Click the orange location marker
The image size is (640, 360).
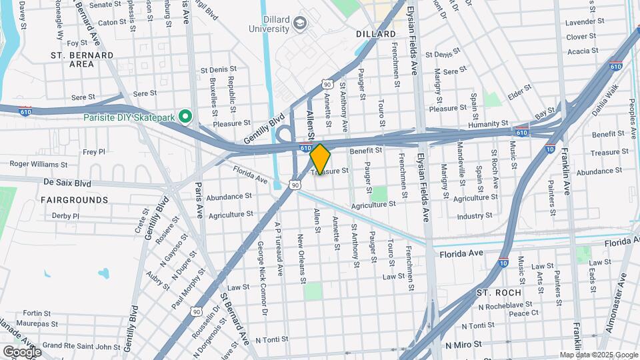point(320,159)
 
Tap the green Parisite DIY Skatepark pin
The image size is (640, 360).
point(186,117)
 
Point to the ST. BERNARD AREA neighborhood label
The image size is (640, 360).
point(81,59)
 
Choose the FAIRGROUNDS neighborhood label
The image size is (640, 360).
point(74,200)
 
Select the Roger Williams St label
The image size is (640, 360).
point(39,164)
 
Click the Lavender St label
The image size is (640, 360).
point(584,22)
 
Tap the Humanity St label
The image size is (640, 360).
point(487,124)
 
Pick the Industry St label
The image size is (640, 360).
point(475,215)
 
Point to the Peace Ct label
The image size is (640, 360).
point(523,313)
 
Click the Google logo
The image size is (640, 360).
point(21,351)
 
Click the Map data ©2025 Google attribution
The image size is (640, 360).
point(599,355)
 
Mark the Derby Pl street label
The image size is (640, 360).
point(65,216)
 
